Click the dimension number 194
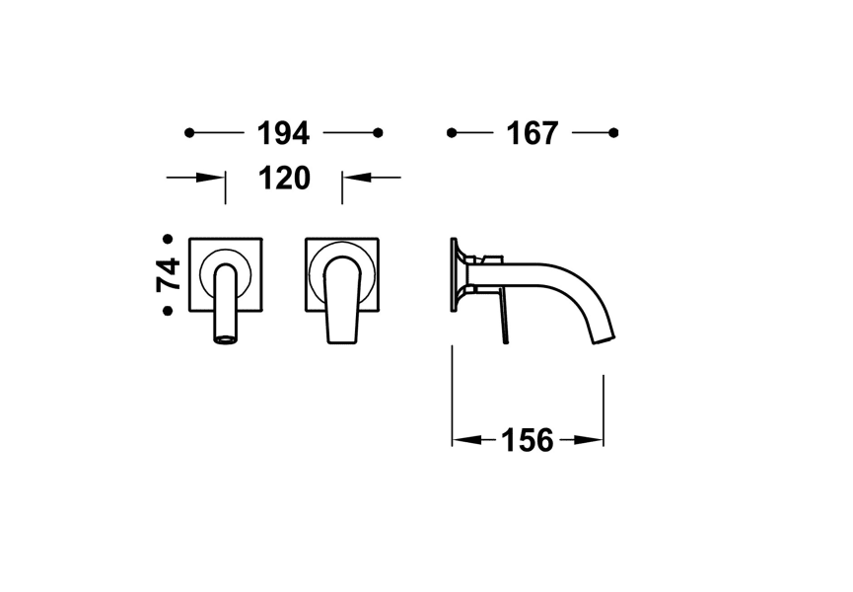(283, 132)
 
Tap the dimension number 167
(533, 132)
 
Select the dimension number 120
(284, 178)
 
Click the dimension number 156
(528, 440)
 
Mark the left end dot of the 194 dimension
(189, 132)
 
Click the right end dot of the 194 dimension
(378, 132)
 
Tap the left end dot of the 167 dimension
(452, 132)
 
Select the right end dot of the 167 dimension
(613, 132)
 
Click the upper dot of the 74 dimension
(168, 239)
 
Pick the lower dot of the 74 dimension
(168, 311)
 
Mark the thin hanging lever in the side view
(503, 318)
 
